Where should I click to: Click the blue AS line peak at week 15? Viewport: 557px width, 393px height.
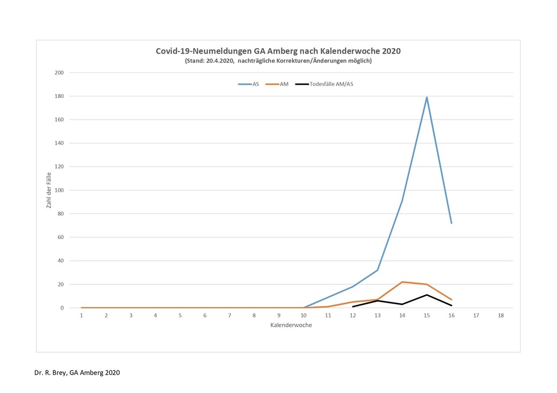pos(427,97)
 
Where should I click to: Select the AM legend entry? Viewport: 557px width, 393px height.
pos(278,84)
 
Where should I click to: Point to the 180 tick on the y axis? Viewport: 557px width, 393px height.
pos(59,96)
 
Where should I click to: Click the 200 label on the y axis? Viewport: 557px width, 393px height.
pos(59,73)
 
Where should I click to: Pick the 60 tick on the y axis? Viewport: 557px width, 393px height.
pos(61,237)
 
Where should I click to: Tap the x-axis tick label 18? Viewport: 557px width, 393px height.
pos(501,316)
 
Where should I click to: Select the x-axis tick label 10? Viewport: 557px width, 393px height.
pos(303,316)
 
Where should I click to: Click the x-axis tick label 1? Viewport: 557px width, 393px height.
pos(81,316)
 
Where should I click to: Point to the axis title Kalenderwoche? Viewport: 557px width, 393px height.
pos(291,325)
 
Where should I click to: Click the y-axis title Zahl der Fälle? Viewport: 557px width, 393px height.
pos(48,190)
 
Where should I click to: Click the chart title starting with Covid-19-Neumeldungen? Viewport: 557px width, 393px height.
pos(278,51)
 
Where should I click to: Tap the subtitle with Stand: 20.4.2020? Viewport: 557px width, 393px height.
pos(278,61)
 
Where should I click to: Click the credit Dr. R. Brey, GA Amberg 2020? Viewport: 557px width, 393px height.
pos(77,373)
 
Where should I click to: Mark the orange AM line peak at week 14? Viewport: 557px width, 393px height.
pos(402,282)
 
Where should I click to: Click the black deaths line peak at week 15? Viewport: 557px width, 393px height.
pos(427,295)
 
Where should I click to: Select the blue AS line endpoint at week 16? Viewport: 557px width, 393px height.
pos(451,223)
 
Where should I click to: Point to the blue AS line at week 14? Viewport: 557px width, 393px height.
pos(402,201)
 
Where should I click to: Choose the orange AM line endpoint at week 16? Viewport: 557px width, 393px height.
pos(451,300)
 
